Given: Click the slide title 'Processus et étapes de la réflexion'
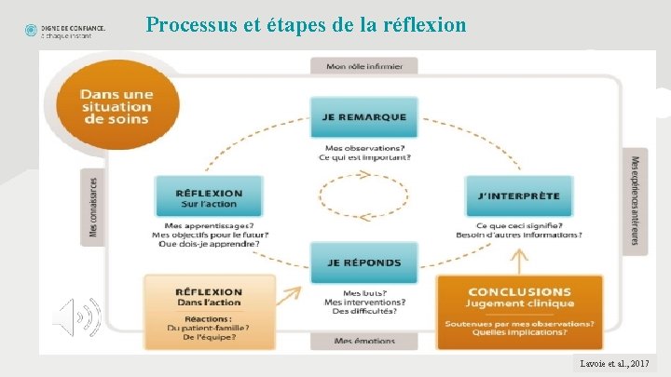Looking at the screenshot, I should click(306, 24).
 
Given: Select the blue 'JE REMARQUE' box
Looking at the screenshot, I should click(365, 117).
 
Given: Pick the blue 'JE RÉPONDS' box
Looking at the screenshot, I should click(365, 263).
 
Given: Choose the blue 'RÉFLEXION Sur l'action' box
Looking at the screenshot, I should click(209, 198).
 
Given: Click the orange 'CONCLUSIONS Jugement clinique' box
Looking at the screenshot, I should click(520, 298).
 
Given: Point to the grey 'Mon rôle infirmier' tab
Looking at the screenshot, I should click(364, 66).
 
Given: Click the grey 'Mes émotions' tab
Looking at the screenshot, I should click(364, 341).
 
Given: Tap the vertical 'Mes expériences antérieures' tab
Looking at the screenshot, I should click(636, 200).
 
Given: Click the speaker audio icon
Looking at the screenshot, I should click(77, 316).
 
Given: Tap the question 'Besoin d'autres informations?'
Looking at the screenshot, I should click(528, 235).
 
